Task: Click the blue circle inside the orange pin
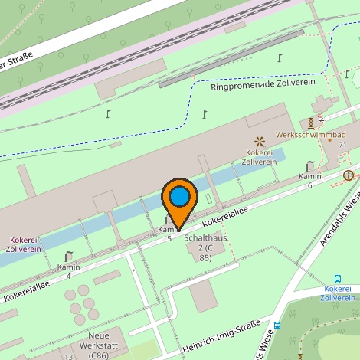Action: [180, 197]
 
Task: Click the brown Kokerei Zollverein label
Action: [259, 157]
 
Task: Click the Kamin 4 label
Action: [69, 270]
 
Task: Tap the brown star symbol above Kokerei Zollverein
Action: [259, 140]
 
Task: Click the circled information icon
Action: [349, 175]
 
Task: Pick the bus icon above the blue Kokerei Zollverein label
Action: [338, 278]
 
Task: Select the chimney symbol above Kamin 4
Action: [69, 256]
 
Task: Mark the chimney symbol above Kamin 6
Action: [309, 165]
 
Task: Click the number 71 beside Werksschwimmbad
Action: [343, 145]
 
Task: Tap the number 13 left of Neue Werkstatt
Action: [68, 356]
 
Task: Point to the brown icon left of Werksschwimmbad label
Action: [311, 123]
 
